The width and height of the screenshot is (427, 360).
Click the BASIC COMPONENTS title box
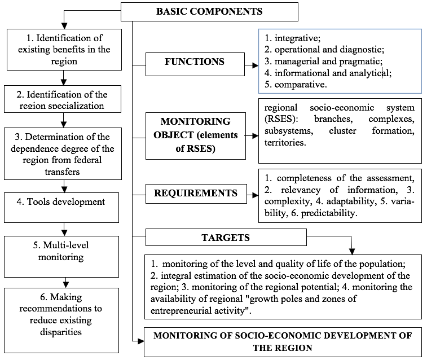[x=209, y=12]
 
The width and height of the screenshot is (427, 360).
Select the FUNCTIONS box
[x=195, y=64]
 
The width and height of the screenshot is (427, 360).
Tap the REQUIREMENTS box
[x=196, y=194]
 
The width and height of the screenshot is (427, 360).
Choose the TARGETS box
[x=226, y=238]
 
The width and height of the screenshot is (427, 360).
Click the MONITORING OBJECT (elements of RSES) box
[x=196, y=136]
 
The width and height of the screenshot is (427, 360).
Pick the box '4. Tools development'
[x=61, y=208]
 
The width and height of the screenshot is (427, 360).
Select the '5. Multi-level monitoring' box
[x=61, y=257]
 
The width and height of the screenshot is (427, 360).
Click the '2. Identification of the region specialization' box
[x=63, y=99]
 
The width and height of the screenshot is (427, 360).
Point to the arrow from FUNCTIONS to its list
[x=252, y=65]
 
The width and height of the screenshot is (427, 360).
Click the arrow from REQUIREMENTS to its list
[x=253, y=195]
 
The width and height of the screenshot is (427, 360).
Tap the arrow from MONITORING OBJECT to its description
[x=252, y=135]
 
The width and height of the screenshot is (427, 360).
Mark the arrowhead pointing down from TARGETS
[x=352, y=251]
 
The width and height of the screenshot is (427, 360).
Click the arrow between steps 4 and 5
[x=64, y=229]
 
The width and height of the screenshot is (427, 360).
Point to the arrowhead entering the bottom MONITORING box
[x=141, y=341]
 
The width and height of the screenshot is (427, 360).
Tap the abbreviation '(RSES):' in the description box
[x=281, y=119]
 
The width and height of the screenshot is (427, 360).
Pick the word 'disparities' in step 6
[x=61, y=332]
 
